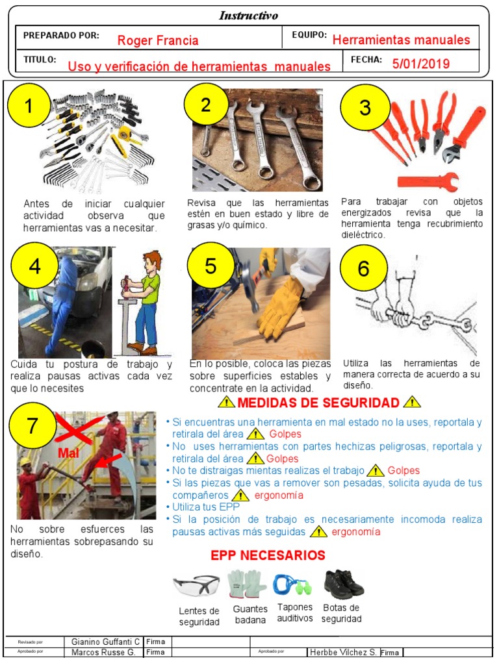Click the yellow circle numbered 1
pyautogui.click(x=28, y=107)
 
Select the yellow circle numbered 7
pyautogui.click(x=32, y=427)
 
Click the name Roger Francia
pyautogui.click(x=158, y=41)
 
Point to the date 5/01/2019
pyautogui.click(x=420, y=64)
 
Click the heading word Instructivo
pyautogui.click(x=248, y=16)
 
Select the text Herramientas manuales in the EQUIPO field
pyautogui.click(x=401, y=40)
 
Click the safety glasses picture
pyautogui.click(x=196, y=586)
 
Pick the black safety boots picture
pyautogui.click(x=343, y=584)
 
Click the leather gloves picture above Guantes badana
pyautogui.click(x=248, y=584)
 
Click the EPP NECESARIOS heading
pyautogui.click(x=268, y=555)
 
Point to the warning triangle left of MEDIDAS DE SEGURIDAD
pyautogui.click(x=226, y=403)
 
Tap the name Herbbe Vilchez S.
pyautogui.click(x=342, y=652)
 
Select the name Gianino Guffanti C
pyautogui.click(x=105, y=642)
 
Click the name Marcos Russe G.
pyautogui.click(x=103, y=652)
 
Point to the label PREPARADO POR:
pyautogui.click(x=61, y=35)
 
